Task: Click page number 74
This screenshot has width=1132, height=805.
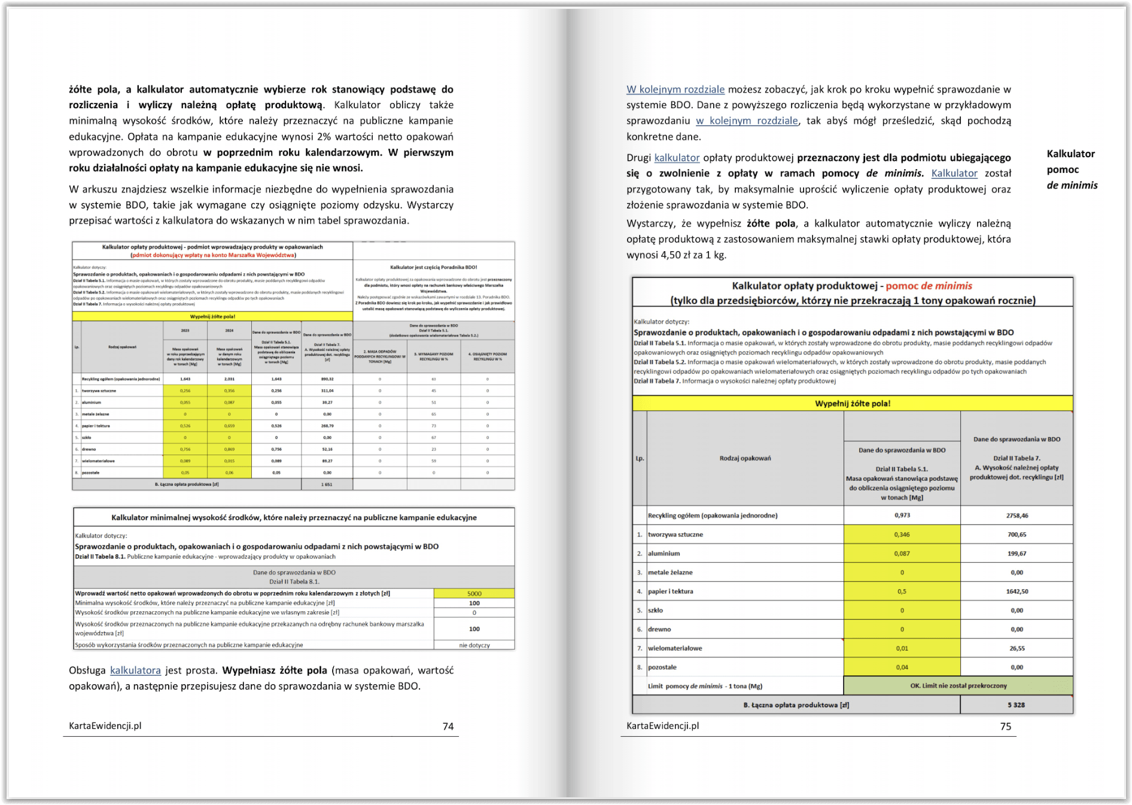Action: click(448, 726)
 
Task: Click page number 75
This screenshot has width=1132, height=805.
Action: click(1006, 726)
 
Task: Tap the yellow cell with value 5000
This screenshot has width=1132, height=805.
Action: click(474, 593)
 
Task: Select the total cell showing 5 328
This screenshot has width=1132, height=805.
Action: click(1016, 705)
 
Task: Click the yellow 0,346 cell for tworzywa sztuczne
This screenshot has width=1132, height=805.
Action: click(902, 534)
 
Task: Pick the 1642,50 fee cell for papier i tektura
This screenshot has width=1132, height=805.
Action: click(1017, 591)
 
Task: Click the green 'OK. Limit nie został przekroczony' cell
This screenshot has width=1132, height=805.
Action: click(958, 685)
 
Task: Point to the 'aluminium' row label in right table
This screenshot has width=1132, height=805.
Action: click(664, 553)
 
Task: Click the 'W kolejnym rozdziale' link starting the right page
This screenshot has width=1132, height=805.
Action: click(675, 89)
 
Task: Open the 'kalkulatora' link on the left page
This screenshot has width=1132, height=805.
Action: click(135, 670)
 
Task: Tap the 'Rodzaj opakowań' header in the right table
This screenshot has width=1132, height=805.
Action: click(745, 458)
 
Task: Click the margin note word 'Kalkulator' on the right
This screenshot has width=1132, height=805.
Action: click(1070, 154)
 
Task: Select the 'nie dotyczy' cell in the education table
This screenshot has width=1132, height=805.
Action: click(474, 645)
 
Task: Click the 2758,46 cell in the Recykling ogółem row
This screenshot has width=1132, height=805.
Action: click(1017, 515)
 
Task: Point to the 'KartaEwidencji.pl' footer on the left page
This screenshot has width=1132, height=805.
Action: click(105, 725)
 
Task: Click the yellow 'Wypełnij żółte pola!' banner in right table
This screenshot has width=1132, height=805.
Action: click(852, 403)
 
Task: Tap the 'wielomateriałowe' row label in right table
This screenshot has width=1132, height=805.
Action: click(675, 648)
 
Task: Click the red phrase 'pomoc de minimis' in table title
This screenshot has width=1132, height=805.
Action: click(929, 286)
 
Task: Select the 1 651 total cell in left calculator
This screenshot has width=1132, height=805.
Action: click(327, 484)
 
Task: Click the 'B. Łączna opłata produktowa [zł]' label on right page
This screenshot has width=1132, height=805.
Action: click(796, 705)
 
